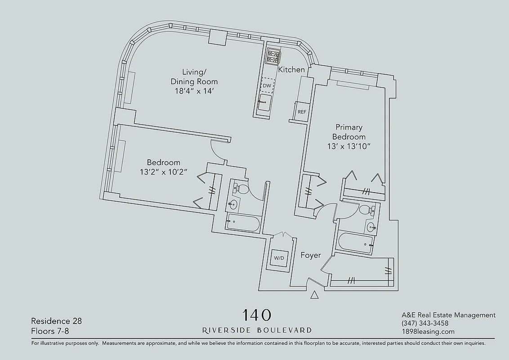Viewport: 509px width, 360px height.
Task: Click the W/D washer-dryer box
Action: (x=279, y=258)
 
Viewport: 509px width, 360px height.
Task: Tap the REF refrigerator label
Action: (x=302, y=112)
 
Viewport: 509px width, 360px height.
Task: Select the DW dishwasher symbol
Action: (x=267, y=85)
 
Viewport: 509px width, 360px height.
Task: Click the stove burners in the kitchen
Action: (x=272, y=56)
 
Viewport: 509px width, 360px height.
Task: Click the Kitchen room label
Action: (x=291, y=70)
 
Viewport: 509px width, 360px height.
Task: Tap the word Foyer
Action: (x=311, y=255)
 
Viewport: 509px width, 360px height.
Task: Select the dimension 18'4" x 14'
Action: (x=194, y=91)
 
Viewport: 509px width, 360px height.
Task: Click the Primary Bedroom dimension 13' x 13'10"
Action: (x=349, y=146)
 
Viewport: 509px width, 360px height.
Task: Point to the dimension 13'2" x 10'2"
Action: (x=164, y=171)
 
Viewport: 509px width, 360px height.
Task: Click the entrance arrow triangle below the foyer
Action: (x=315, y=295)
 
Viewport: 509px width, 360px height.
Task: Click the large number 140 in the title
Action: (x=257, y=315)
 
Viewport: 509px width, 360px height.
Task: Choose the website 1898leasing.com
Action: (x=428, y=332)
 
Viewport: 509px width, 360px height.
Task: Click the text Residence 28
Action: (x=56, y=321)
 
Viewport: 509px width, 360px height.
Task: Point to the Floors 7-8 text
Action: (x=50, y=332)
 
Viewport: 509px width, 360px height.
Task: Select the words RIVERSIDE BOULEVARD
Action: (x=257, y=330)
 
